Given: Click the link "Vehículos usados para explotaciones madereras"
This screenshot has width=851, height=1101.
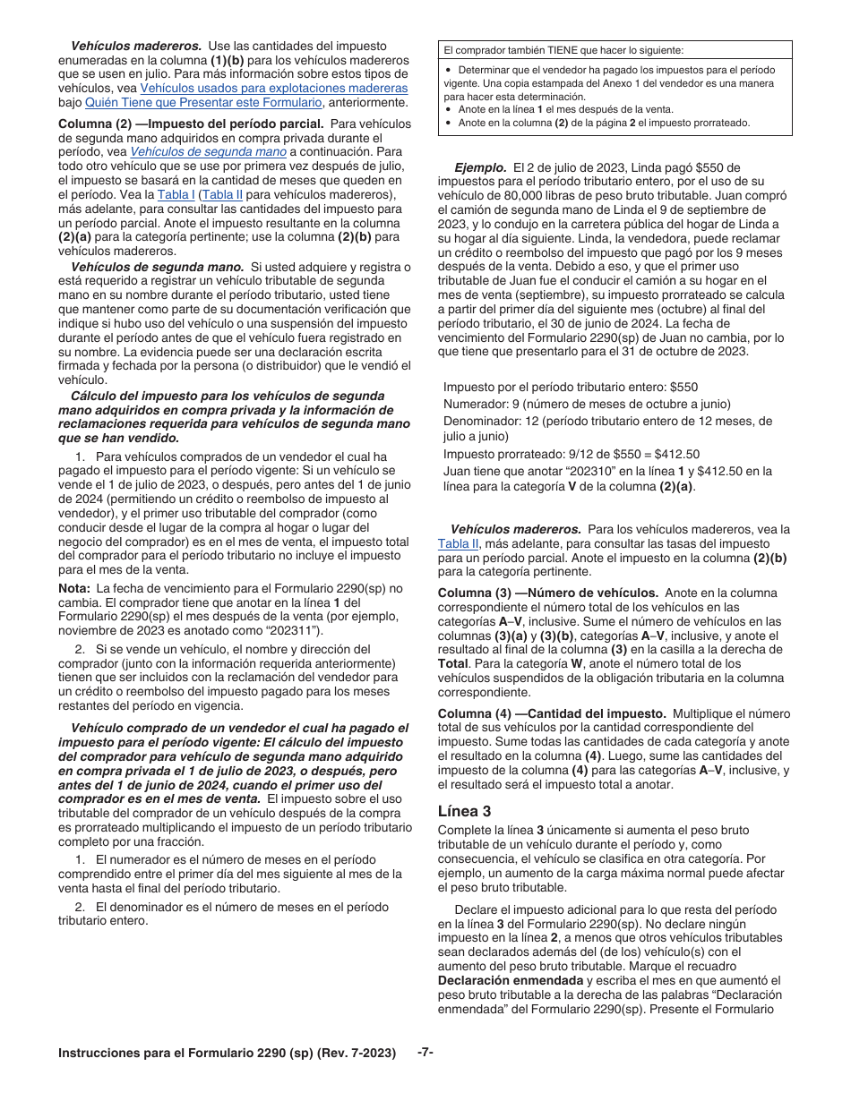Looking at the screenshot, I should pyautogui.click(x=273, y=89).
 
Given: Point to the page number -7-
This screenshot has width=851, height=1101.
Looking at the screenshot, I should pyautogui.click(x=425, y=1053).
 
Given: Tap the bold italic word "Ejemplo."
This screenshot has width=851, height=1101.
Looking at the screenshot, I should pyautogui.click(x=481, y=167).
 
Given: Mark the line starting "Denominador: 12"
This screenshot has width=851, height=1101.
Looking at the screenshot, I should pyautogui.click(x=607, y=421).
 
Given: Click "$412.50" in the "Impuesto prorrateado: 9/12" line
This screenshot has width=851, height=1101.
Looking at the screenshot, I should pyautogui.click(x=675, y=454).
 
